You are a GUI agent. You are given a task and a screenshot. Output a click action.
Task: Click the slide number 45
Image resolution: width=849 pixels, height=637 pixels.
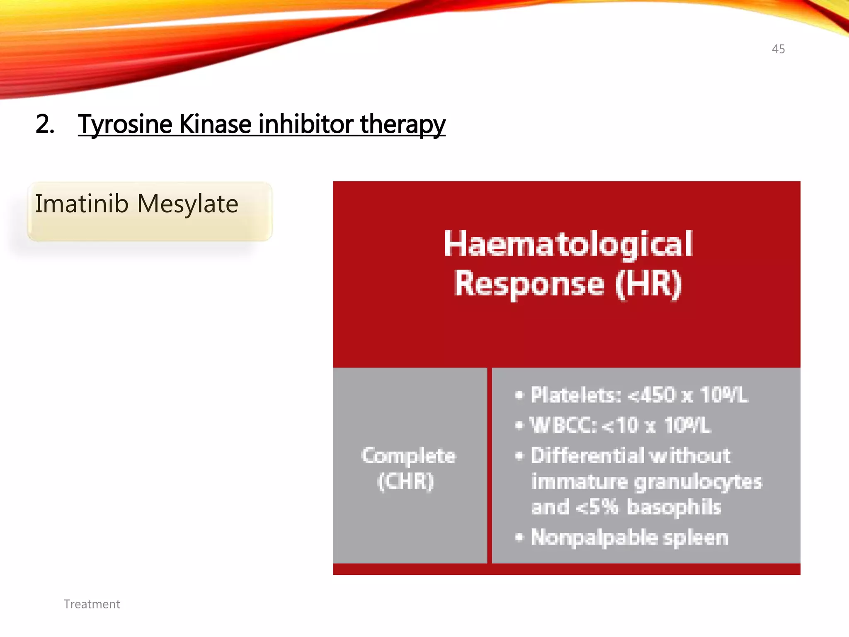(778, 49)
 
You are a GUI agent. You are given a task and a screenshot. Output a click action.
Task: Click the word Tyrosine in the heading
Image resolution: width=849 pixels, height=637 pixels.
(125, 124)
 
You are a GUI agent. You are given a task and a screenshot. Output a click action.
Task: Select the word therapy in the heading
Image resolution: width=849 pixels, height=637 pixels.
(403, 124)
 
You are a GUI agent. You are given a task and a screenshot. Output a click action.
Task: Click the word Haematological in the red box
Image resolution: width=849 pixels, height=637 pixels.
(568, 244)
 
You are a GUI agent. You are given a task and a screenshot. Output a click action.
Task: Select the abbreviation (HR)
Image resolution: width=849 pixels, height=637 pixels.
(648, 284)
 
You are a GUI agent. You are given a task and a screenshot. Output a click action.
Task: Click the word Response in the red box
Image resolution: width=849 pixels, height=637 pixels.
(529, 284)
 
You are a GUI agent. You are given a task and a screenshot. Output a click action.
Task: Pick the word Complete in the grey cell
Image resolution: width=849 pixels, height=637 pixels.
(408, 455)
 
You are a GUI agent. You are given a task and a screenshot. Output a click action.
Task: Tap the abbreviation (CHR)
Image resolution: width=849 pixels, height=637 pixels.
(406, 481)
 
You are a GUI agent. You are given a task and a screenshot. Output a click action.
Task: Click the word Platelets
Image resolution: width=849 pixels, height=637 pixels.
(575, 395)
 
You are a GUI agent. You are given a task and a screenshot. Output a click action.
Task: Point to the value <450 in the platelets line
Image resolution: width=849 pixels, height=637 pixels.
(651, 395)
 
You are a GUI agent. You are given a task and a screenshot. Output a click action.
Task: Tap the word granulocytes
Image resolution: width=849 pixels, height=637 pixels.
(698, 482)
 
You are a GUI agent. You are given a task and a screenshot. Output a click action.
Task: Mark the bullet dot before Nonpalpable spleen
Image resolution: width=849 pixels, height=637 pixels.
(519, 537)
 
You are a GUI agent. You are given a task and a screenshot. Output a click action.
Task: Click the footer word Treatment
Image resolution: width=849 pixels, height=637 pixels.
(92, 604)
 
